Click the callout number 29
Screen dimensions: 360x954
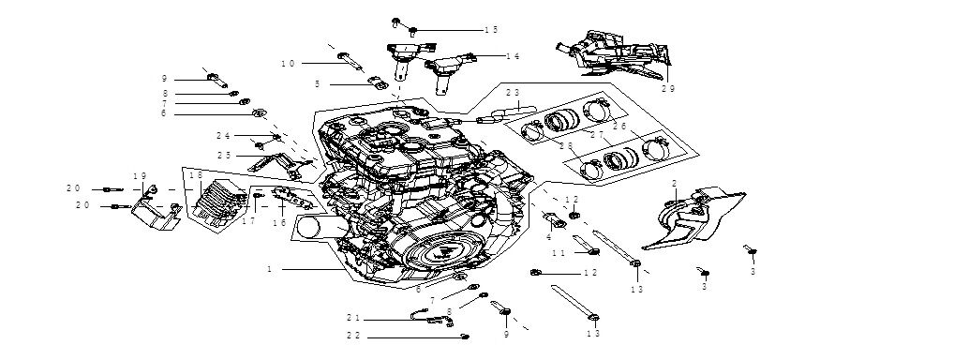[x=668, y=89]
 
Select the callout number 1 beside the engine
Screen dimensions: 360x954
[x=269, y=269]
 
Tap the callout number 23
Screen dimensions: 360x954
[x=513, y=93]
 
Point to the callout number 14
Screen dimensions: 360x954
[x=513, y=56]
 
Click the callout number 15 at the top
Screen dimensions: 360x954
[x=491, y=30]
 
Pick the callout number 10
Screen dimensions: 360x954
[x=288, y=64]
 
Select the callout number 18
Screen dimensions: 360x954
[x=195, y=175]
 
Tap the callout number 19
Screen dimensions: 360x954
[x=140, y=176]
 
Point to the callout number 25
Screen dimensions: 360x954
[x=224, y=155]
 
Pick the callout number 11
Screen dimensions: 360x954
[x=559, y=253]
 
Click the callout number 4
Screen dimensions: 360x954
[x=548, y=237]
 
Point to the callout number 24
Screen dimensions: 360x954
[x=223, y=136]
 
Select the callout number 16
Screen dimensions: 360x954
[x=279, y=223]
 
